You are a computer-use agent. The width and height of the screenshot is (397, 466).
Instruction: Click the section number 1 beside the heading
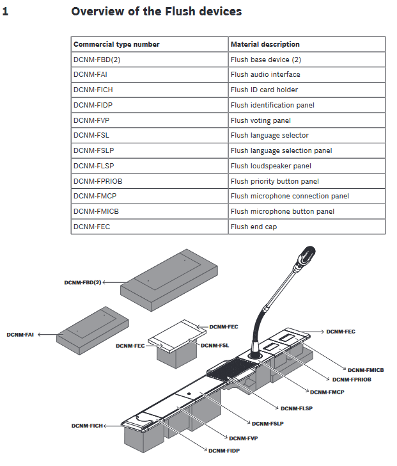click(x=6, y=12)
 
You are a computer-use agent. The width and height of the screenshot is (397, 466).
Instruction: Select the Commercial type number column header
click(x=116, y=44)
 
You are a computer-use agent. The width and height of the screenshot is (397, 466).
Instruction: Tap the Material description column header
click(x=265, y=44)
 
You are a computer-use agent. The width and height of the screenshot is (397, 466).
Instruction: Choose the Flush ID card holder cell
click(x=264, y=90)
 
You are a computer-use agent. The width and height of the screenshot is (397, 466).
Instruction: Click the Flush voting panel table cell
click(x=260, y=120)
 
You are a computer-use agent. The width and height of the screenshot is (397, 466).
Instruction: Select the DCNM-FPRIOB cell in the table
click(x=98, y=181)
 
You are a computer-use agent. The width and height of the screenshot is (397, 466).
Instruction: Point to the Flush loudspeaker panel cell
click(x=270, y=166)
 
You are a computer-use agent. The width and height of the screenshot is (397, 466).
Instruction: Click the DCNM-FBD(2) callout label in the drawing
click(x=82, y=282)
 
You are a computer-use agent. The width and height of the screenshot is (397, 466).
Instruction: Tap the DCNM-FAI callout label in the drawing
click(x=21, y=334)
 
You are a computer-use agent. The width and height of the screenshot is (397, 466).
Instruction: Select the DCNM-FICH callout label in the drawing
click(x=86, y=425)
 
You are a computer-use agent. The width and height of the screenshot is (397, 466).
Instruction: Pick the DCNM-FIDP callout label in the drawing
click(x=224, y=451)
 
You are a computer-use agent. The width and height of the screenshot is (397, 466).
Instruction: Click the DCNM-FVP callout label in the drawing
click(x=243, y=438)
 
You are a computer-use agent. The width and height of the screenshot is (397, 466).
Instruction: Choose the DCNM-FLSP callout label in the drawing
click(x=296, y=408)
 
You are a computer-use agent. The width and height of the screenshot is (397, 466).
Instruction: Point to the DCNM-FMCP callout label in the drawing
click(x=327, y=392)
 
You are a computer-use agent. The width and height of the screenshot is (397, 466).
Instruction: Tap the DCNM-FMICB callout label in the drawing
click(x=366, y=370)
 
